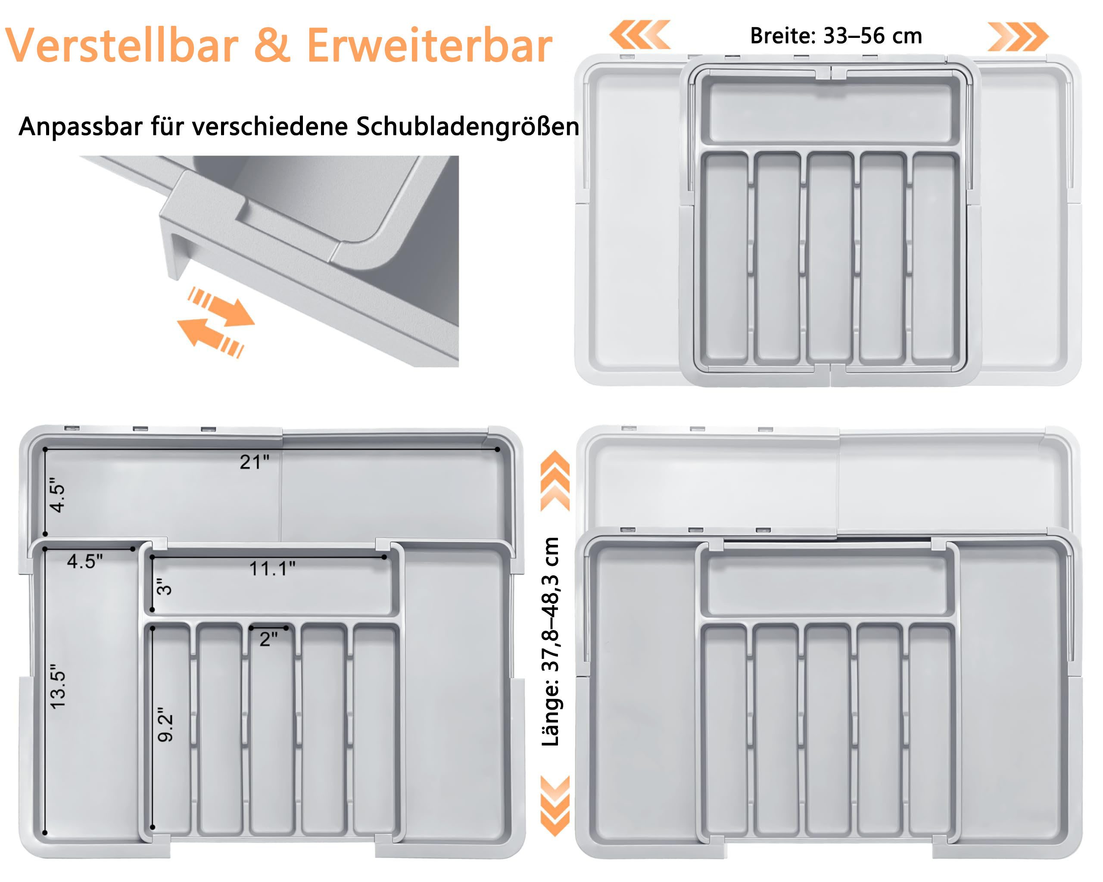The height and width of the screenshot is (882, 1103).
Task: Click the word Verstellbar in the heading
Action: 122,46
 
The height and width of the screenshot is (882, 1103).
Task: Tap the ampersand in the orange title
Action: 272,46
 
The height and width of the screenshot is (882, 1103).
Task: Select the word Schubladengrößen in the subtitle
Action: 467,127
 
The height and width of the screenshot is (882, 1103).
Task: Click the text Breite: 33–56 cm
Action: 835,36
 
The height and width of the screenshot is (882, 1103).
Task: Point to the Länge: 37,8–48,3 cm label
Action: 551,642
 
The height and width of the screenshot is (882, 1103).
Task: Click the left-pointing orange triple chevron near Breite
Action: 639,35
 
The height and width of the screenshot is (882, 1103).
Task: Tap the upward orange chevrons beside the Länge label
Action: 555,481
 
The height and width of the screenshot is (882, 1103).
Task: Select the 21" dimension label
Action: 254,462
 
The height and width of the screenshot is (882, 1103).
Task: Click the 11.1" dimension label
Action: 272,568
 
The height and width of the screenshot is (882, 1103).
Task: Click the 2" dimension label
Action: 268,639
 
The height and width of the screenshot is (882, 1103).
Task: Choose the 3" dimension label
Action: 164,587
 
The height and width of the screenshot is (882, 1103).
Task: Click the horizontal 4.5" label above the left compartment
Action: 85,562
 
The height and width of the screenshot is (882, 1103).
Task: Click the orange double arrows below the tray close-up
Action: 218,322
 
